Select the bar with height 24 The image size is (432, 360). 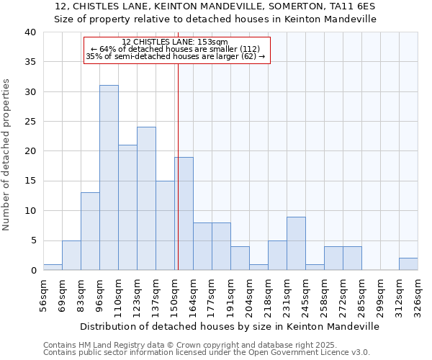(146, 199)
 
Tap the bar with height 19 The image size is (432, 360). (184, 214)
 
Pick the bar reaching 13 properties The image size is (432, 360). (90, 231)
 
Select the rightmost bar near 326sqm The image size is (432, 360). (408, 264)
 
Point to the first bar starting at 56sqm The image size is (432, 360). (53, 267)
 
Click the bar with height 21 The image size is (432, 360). (127, 207)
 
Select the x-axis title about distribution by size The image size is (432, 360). (230, 326)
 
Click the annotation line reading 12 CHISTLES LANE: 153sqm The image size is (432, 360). (175, 42)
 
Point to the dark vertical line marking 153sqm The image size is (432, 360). (178, 166)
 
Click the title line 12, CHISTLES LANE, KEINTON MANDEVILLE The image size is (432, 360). (215, 6)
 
